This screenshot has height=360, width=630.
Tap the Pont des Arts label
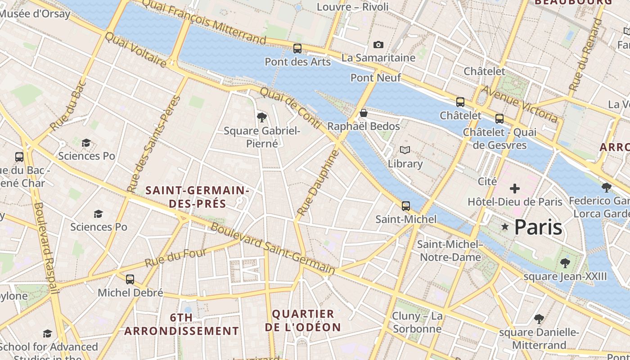297,62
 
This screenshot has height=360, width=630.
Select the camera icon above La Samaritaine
378,45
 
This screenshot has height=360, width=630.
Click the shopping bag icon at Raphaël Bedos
363,113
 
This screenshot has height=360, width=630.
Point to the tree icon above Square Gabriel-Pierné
261,117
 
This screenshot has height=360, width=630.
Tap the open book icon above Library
405,150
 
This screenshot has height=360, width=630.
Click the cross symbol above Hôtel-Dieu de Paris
515,189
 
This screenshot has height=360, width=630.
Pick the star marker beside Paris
505,227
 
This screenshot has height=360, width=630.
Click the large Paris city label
538,227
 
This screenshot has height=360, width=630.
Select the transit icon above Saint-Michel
406,206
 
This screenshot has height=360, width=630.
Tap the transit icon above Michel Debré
130,279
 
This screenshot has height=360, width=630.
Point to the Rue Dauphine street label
318,182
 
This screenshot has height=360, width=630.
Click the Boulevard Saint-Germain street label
273,248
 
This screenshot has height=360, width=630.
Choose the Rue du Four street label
175,257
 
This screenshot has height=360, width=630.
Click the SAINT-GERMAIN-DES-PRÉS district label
198,197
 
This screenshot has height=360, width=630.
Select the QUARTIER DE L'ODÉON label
303,320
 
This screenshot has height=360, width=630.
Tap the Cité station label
487,181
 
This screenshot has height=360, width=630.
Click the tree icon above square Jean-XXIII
565,263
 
